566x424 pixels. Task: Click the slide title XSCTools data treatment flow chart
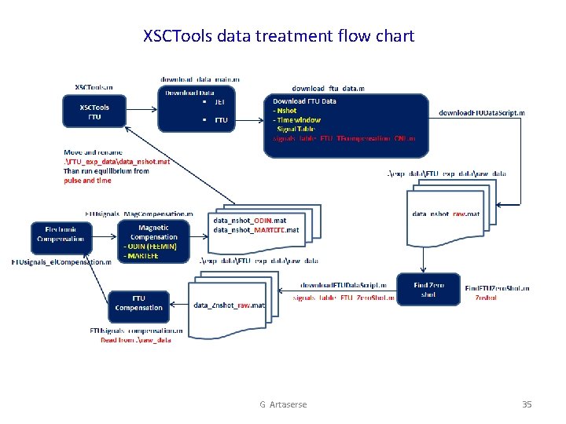point(278,36)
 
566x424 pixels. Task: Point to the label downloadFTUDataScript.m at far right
point(481,112)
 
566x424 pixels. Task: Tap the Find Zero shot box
point(428,290)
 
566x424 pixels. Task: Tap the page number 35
point(527,404)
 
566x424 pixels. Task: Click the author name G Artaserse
point(283,404)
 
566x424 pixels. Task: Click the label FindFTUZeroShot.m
point(497,288)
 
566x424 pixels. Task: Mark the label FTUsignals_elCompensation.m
point(61,261)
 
